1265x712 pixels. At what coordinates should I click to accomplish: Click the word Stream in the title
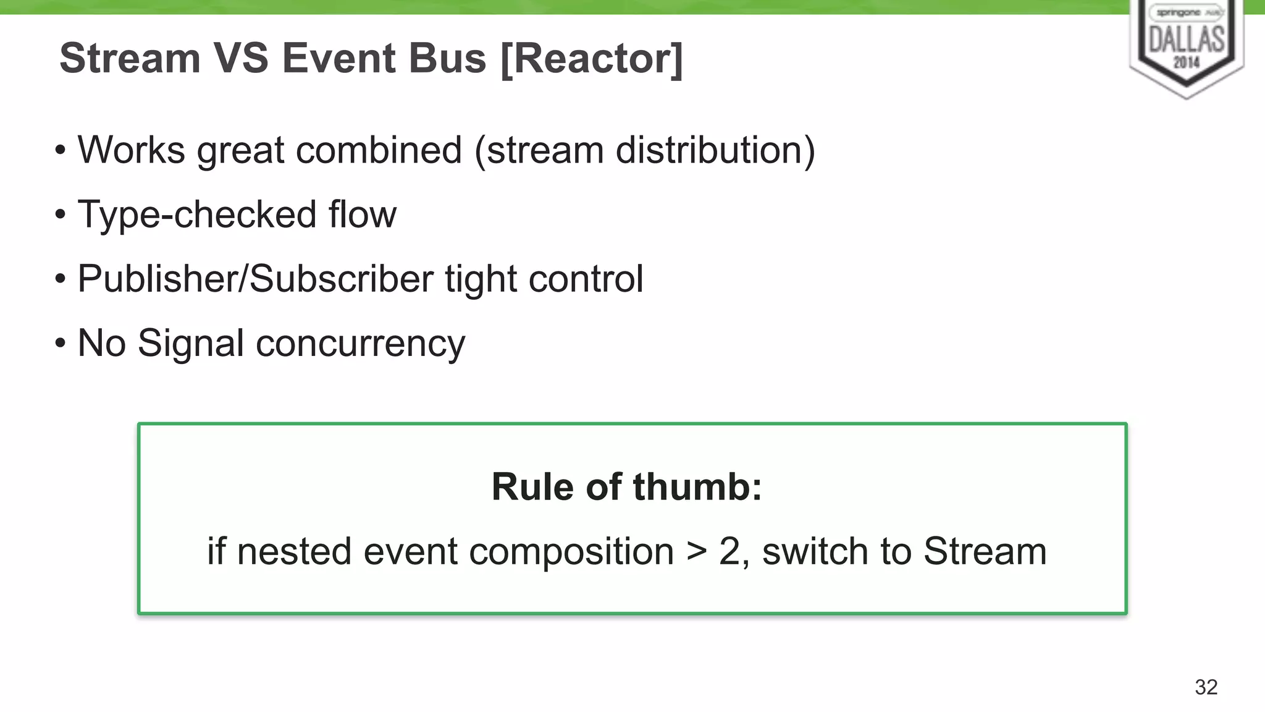130,59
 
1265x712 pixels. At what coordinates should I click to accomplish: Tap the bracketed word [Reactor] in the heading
592,59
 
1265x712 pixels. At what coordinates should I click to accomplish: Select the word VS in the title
241,59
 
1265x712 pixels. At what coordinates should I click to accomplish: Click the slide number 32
1206,687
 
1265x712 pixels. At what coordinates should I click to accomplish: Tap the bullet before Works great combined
60,151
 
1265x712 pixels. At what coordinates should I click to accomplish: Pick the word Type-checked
196,215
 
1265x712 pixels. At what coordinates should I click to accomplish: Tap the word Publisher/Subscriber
255,279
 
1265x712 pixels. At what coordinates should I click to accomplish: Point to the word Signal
191,344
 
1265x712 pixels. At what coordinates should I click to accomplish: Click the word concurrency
360,345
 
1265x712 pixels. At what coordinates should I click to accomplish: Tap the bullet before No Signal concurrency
60,344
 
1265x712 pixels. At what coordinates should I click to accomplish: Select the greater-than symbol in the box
697,552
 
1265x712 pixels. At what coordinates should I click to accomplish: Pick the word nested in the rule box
294,551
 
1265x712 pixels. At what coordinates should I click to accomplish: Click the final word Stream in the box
985,551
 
